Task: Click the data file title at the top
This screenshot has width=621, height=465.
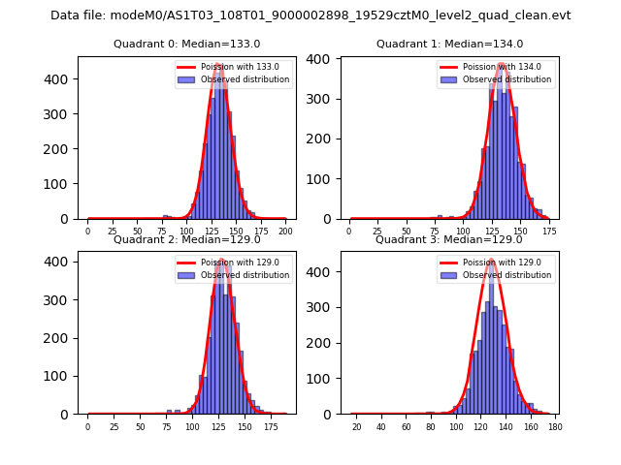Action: pos(310,15)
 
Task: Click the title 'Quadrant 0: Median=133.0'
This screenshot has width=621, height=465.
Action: pos(186,45)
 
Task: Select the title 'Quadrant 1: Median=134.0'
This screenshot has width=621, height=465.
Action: pos(449,45)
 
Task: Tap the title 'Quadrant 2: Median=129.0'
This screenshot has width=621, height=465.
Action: pos(186,239)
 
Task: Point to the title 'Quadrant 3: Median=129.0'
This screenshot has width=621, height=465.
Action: pos(449,239)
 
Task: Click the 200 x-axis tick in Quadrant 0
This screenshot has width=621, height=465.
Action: pos(285,231)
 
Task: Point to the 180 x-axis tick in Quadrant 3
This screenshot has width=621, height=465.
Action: pos(554,425)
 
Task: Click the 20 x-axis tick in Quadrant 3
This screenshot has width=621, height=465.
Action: pos(356,425)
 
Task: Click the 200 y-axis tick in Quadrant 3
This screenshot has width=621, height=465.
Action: pos(324,343)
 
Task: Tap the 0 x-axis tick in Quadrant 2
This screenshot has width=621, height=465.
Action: pos(87,425)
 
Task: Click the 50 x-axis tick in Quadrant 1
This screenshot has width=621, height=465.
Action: pos(407,231)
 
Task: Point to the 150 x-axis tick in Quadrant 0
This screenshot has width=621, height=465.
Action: pos(236,231)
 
